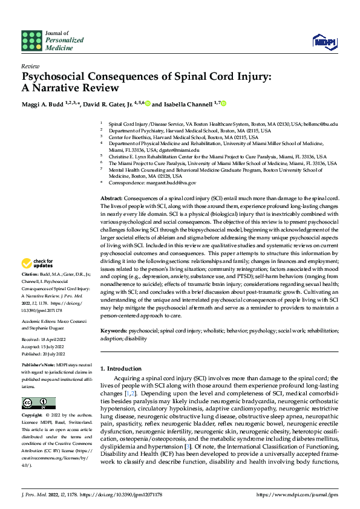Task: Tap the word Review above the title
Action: (x=30, y=66)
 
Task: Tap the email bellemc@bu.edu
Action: (x=321, y=124)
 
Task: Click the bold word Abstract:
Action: (x=112, y=198)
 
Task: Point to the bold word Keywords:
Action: (x=114, y=331)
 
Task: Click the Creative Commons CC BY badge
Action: (x=39, y=403)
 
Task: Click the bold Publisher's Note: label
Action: (x=38, y=366)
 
